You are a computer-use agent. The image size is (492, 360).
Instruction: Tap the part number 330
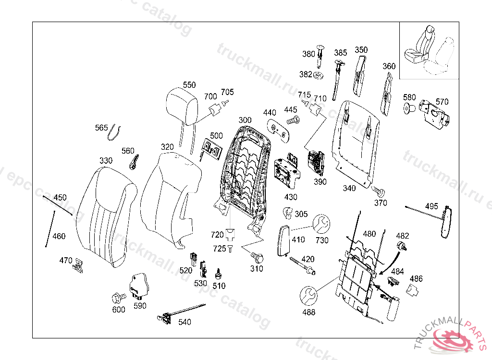106,160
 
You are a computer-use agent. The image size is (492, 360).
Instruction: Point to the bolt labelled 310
255,257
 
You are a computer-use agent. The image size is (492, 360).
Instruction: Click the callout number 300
245,120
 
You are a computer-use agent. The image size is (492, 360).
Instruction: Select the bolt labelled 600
118,297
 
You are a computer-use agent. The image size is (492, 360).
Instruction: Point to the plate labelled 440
278,129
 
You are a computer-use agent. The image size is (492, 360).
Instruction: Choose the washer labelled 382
318,75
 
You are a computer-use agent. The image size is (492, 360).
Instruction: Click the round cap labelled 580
409,108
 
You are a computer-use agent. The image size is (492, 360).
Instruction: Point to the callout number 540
184,322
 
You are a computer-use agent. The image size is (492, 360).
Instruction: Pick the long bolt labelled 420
302,265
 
